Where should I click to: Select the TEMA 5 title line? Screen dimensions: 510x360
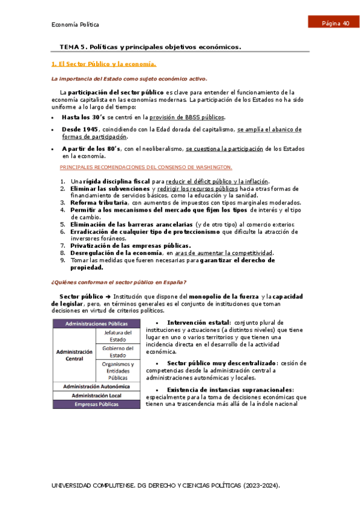[x=150, y=47]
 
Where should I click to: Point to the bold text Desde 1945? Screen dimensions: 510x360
[x=79, y=129]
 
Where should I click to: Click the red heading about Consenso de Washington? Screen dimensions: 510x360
[x=146, y=167]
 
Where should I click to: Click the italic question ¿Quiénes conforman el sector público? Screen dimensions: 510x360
[x=118, y=283]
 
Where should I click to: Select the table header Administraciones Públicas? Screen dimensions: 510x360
[x=96, y=323]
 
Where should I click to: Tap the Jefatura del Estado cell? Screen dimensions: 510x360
[x=117, y=336]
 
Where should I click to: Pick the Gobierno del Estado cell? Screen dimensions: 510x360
[x=117, y=351]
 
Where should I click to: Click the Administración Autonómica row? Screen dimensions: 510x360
[x=96, y=386]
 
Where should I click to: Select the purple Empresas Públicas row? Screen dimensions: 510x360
[x=96, y=405]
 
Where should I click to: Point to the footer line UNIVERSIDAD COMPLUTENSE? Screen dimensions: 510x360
[x=165, y=485]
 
